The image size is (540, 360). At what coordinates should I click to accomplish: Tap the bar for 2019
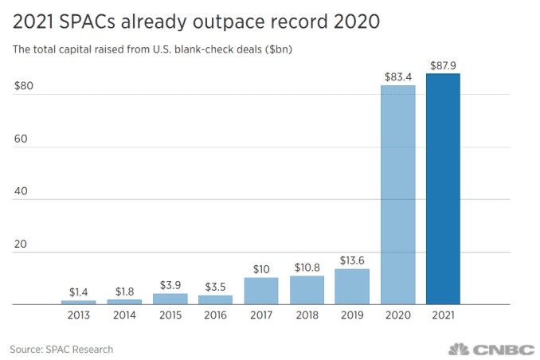352,287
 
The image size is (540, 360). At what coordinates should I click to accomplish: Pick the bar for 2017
261,291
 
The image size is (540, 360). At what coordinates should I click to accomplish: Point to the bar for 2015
170,299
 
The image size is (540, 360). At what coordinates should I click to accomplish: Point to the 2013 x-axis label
78,315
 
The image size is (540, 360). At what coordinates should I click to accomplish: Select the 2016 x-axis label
215,315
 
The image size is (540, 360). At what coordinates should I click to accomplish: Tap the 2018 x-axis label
307,315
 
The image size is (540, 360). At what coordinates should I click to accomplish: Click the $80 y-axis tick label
24,86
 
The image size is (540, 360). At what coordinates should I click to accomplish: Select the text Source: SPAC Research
61,349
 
